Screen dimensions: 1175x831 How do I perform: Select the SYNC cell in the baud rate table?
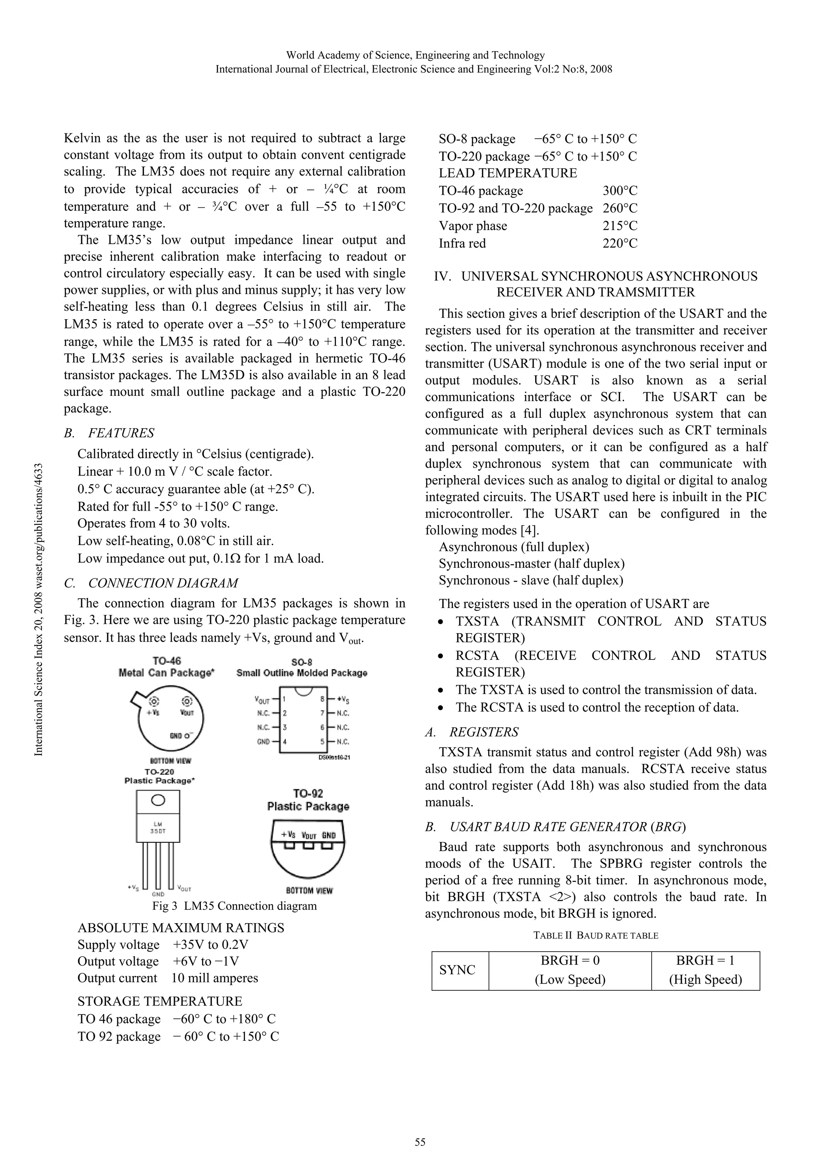pyautogui.click(x=457, y=970)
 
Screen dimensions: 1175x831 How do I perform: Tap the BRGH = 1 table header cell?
pyautogui.click(x=705, y=970)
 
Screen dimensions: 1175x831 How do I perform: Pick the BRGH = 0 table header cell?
pyautogui.click(x=570, y=970)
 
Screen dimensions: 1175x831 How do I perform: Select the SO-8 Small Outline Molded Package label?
pyautogui.click(x=301, y=667)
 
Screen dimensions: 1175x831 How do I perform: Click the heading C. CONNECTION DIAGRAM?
pyautogui.click(x=151, y=583)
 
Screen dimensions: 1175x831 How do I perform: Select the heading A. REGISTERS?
pyautogui.click(x=471, y=732)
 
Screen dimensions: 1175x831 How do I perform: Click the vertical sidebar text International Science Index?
pyautogui.click(x=39, y=609)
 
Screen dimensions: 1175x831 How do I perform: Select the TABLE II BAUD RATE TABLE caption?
pyautogui.click(x=596, y=935)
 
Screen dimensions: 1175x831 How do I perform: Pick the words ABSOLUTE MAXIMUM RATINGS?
pyautogui.click(x=181, y=928)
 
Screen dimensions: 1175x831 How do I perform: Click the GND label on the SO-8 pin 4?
pyautogui.click(x=263, y=741)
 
